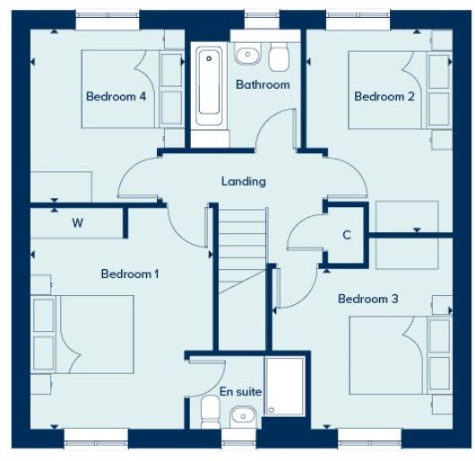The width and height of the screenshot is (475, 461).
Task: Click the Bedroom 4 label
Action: (116, 97)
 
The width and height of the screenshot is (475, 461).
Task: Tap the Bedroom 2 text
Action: (384, 97)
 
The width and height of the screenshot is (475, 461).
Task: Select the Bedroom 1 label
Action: (129, 274)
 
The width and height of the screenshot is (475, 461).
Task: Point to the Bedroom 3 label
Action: (367, 299)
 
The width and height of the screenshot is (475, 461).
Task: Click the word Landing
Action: (244, 181)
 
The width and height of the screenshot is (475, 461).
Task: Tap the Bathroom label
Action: (263, 84)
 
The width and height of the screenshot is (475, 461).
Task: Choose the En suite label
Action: (240, 392)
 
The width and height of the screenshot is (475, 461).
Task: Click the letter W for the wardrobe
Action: (78, 223)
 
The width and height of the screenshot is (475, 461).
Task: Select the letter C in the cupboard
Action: (346, 236)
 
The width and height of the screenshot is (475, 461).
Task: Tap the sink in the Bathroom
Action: (247, 56)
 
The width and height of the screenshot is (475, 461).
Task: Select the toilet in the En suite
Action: (211, 413)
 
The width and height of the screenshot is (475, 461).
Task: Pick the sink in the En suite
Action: (242, 416)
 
